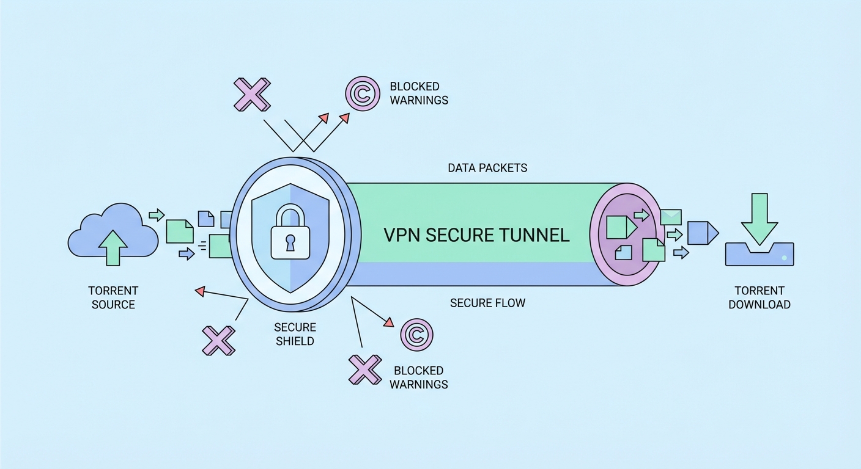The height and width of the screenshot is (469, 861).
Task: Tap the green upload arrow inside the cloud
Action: [113, 247]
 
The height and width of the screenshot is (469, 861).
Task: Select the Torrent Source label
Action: [113, 297]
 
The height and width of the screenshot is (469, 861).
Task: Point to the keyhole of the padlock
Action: [289, 240]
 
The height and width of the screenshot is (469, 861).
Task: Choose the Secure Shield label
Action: [295, 335]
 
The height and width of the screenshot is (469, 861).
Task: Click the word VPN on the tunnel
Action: [401, 235]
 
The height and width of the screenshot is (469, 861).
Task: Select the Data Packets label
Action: [487, 168]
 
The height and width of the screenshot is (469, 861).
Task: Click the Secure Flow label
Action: [487, 303]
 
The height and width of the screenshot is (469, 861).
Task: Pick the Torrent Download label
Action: [759, 297]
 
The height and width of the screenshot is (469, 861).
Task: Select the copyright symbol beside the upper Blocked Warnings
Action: [362, 93]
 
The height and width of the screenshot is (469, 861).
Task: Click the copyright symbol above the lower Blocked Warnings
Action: [416, 335]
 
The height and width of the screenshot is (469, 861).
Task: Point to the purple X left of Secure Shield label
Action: [219, 340]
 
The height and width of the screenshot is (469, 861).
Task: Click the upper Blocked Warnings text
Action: [419, 93]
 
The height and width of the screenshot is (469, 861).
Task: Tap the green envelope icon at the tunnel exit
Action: [671, 216]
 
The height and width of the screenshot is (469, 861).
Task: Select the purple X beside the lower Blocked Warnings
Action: [365, 369]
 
